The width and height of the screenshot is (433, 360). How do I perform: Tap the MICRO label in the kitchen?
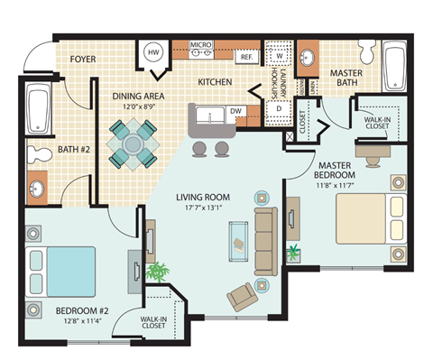tap(201, 42)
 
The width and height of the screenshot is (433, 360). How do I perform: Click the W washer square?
tap(279, 52)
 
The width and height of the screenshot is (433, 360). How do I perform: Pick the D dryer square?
tap(280, 108)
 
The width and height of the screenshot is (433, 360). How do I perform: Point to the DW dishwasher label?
tap(237, 112)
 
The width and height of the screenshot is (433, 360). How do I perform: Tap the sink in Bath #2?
tap(39, 190)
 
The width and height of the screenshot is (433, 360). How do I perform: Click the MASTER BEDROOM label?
tap(340, 171)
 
